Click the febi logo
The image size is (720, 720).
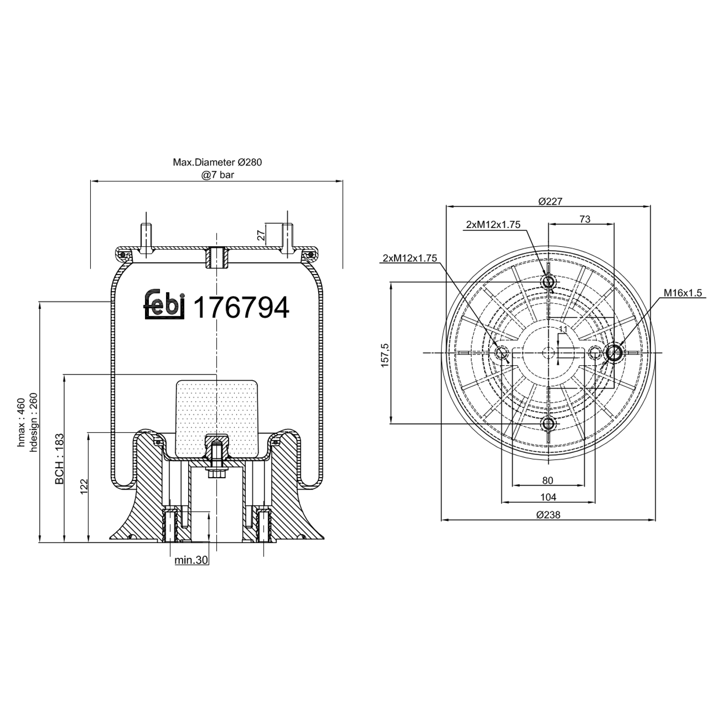pos(165,304)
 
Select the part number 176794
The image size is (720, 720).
pos(241,307)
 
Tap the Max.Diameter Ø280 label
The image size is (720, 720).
pos(217,162)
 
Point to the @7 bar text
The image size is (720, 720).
pos(217,175)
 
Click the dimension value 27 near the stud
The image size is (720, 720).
pos(261,235)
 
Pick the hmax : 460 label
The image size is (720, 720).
pos(21,422)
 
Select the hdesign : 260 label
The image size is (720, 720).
pos(33,422)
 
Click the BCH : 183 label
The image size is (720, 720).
pos(60,459)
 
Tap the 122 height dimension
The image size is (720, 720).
pos(84,487)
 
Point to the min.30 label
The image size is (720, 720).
pos(191,560)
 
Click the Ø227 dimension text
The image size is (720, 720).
pos(550,201)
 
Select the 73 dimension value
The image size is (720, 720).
pos(585,219)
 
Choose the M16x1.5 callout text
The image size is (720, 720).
pos(683,292)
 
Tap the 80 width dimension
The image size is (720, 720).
pos(548,480)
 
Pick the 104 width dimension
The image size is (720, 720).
pos(548,497)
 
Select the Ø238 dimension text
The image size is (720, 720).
pos(548,515)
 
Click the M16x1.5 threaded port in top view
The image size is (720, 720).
pos(614,353)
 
